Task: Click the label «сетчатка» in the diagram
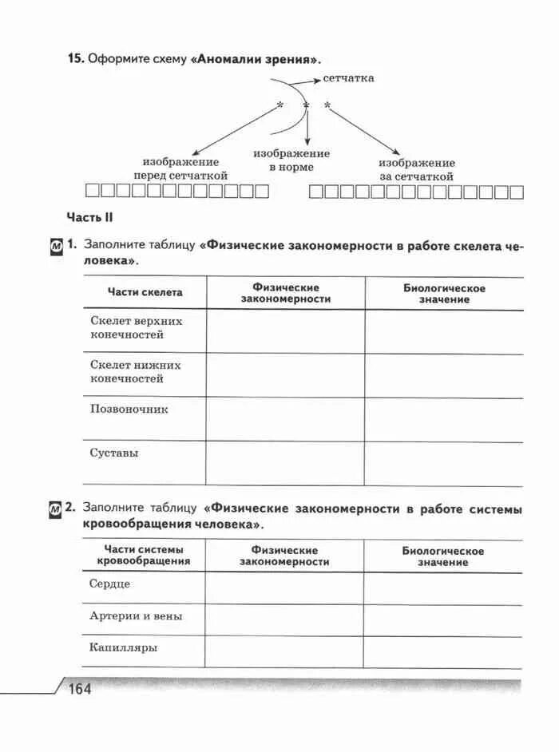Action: (348, 78)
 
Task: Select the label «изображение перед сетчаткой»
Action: (180, 168)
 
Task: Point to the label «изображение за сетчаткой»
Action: (416, 169)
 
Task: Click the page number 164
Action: (80, 688)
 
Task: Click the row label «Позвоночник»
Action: (129, 410)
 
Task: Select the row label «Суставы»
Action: (114, 453)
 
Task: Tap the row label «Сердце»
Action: (109, 584)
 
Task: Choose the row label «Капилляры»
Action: (124, 647)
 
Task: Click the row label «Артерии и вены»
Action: (136, 616)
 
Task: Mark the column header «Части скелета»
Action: (145, 292)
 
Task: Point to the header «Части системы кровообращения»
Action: (144, 555)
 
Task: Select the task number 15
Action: (75, 59)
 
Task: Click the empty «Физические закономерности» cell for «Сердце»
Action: (284, 588)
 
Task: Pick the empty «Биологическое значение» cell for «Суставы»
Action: (444, 464)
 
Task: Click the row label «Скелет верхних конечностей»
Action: (136, 327)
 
